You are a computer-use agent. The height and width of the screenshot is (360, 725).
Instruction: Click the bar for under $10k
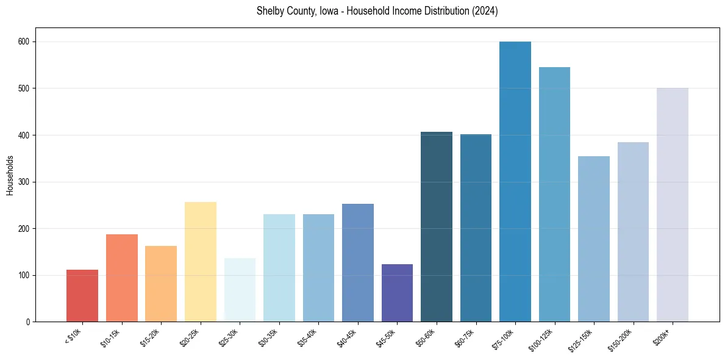coord(82,296)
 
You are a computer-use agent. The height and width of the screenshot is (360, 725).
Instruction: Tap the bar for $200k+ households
coord(673,205)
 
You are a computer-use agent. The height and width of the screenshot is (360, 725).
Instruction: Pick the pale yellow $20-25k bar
coord(201,262)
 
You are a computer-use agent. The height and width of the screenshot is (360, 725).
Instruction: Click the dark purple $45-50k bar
coord(397,293)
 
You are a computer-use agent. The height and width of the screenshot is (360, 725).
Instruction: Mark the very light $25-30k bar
coord(240,290)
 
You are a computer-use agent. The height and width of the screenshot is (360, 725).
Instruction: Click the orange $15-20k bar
coord(161,284)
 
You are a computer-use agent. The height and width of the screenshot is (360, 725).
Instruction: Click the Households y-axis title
coord(10,175)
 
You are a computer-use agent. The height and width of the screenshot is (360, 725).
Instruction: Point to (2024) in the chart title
coord(484,12)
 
